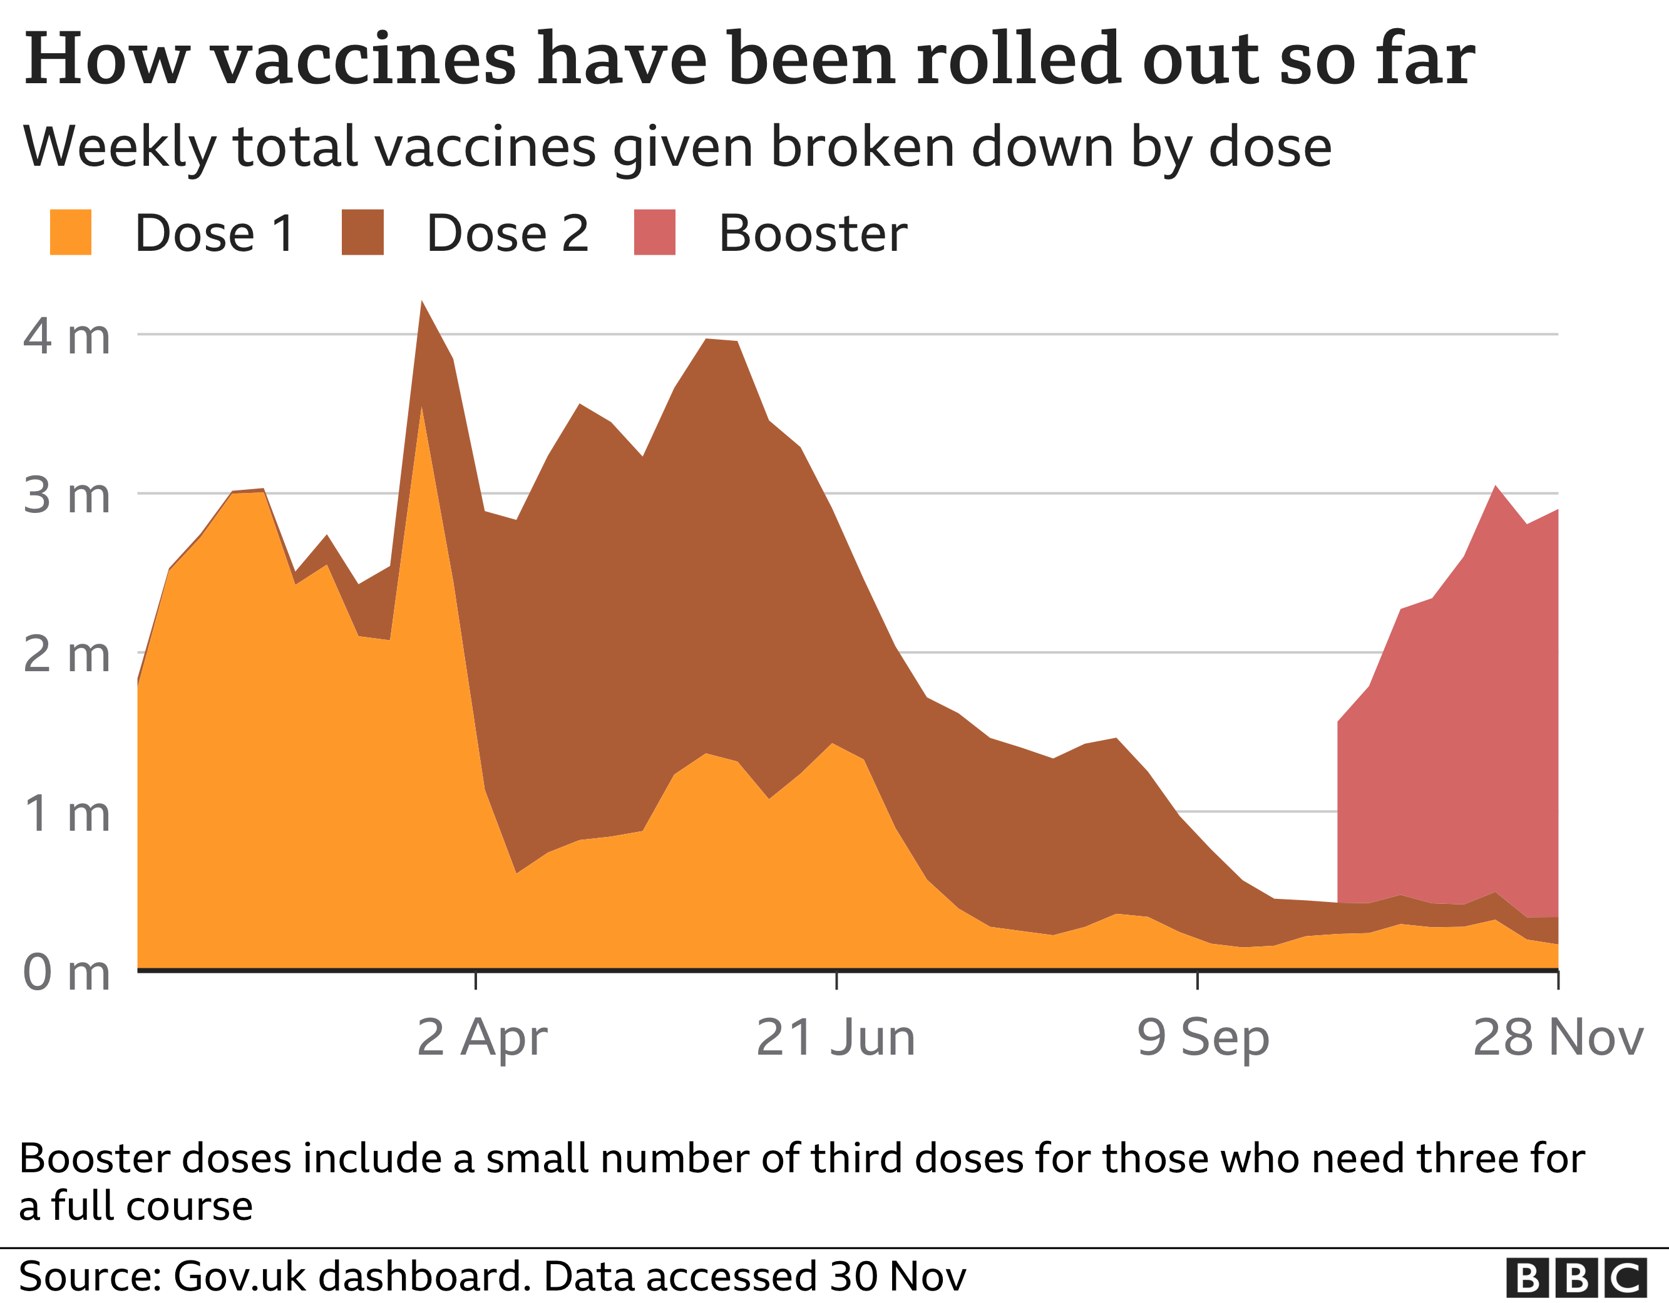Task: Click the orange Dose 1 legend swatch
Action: click(x=70, y=232)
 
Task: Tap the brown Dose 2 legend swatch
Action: click(x=362, y=232)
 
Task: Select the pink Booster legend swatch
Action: click(x=655, y=232)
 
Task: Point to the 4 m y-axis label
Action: click(x=67, y=336)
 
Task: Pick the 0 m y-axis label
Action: click(x=67, y=973)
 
